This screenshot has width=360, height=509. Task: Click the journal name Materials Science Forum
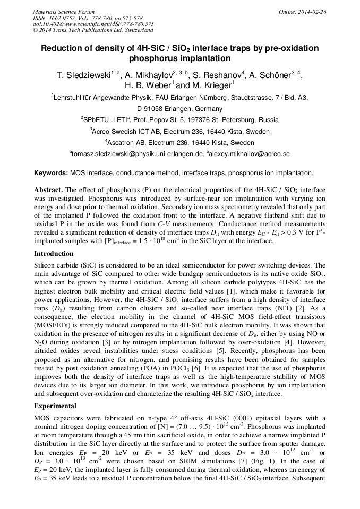[x=64, y=12]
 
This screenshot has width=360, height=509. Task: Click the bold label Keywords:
[x=51, y=173]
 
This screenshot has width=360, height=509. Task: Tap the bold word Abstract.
[x=49, y=189]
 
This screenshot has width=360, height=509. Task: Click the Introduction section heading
[x=54, y=254]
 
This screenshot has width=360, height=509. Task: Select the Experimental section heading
[x=55, y=405]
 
